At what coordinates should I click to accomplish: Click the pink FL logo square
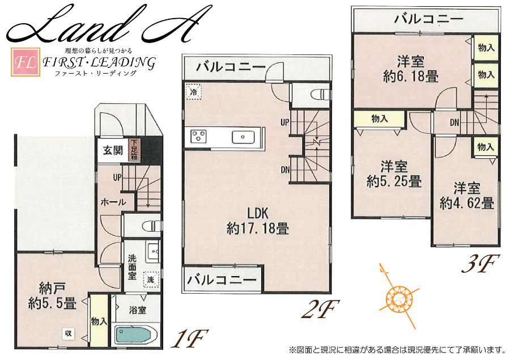point(25,62)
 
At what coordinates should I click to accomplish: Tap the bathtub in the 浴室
point(133,335)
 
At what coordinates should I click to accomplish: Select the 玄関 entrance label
point(113,150)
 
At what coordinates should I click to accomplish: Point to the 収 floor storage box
point(69,333)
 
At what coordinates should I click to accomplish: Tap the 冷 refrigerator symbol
point(194,91)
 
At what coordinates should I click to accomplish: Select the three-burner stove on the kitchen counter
point(198,137)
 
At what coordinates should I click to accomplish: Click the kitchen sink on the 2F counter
point(243,137)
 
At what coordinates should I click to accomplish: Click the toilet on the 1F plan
point(151,225)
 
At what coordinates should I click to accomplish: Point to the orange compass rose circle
point(397,298)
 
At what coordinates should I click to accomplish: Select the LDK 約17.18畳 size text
point(258,221)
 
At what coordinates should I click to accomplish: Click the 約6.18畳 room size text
point(411,77)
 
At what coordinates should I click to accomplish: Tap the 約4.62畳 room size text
point(467,203)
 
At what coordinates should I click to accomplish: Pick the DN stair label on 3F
point(454,122)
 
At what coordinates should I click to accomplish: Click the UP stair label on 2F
point(285,122)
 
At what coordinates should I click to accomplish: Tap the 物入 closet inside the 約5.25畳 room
point(380,119)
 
